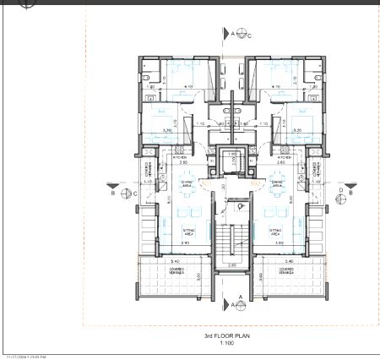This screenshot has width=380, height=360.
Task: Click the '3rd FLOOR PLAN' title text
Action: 226,335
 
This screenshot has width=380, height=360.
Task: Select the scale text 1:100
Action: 226,342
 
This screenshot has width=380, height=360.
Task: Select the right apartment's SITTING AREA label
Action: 274,230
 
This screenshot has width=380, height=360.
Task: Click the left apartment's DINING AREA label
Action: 187,182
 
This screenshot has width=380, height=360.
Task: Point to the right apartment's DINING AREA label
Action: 275,182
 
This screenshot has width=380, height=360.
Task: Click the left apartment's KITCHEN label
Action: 179,157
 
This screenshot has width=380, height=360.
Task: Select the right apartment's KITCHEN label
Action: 284,157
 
